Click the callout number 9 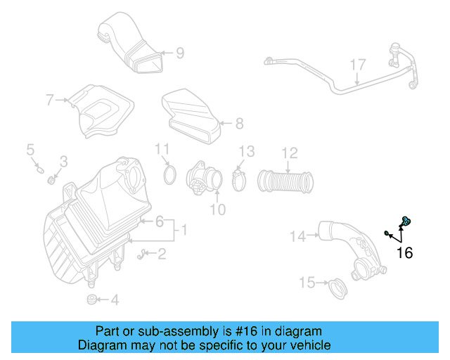179,52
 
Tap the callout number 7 50,101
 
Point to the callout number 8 239,124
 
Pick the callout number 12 290,153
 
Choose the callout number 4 115,300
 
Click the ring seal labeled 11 169,174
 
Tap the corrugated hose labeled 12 285,181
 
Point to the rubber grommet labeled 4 91,300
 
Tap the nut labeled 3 52,180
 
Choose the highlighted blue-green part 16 406,222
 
